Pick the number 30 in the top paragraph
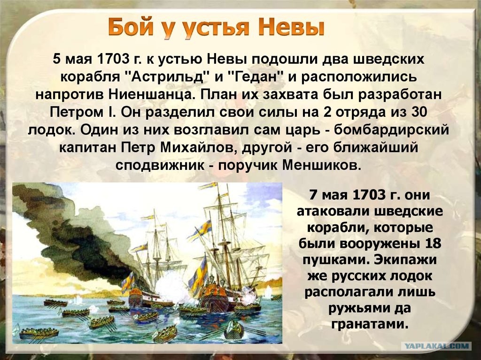tap(419, 112)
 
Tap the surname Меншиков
tap(320, 165)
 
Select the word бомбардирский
tap(391, 130)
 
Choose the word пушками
tap(334, 260)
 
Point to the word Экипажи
tap(405, 260)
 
